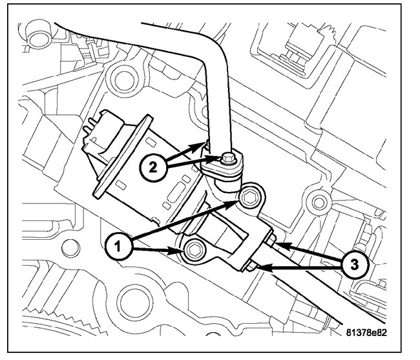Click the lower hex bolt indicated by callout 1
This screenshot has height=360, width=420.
coord(193,251)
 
